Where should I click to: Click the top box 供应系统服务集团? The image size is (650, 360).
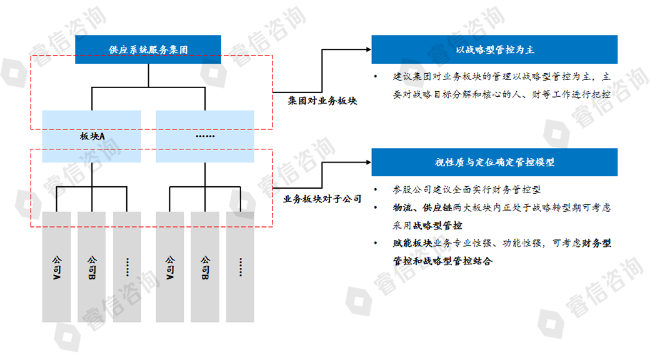148,49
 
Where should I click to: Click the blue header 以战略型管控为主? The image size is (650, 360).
494,49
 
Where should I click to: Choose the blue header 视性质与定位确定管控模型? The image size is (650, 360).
494,162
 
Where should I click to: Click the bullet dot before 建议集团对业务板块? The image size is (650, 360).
375,77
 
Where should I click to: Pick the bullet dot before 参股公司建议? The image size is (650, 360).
375,189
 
